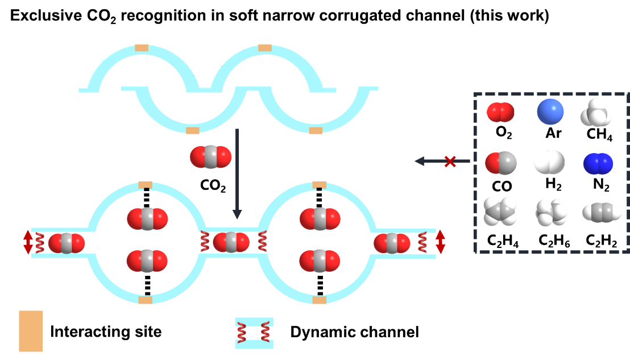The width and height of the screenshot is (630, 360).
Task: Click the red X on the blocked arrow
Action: click(x=450, y=162)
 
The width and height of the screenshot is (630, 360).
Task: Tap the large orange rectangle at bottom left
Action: click(x=31, y=331)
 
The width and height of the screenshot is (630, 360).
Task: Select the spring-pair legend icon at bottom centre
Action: click(x=254, y=333)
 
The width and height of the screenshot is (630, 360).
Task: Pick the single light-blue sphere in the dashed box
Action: click(x=550, y=112)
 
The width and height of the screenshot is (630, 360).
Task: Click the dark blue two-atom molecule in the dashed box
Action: click(x=598, y=164)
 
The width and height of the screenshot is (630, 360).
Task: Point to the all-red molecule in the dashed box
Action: click(x=500, y=112)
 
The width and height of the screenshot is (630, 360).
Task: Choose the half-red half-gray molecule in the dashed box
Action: click(x=501, y=163)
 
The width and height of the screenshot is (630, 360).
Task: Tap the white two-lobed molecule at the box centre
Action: click(x=549, y=163)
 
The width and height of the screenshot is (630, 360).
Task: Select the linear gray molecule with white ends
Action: click(x=602, y=213)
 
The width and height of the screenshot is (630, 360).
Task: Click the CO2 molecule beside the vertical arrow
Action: click(x=211, y=157)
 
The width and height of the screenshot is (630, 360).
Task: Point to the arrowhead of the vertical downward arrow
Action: click(x=237, y=215)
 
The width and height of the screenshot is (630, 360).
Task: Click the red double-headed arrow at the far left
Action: click(x=27, y=242)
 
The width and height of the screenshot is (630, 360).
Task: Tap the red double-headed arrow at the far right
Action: click(x=440, y=242)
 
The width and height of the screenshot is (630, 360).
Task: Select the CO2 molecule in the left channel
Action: click(x=67, y=243)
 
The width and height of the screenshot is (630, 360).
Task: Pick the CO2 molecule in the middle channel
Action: click(x=231, y=242)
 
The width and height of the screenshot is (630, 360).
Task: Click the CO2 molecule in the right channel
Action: click(x=392, y=243)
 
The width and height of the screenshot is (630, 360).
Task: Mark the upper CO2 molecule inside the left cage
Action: click(x=147, y=219)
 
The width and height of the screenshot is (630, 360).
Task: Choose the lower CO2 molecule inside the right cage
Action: click(x=320, y=261)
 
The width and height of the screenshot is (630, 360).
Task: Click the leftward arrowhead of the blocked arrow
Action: click(x=420, y=161)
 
